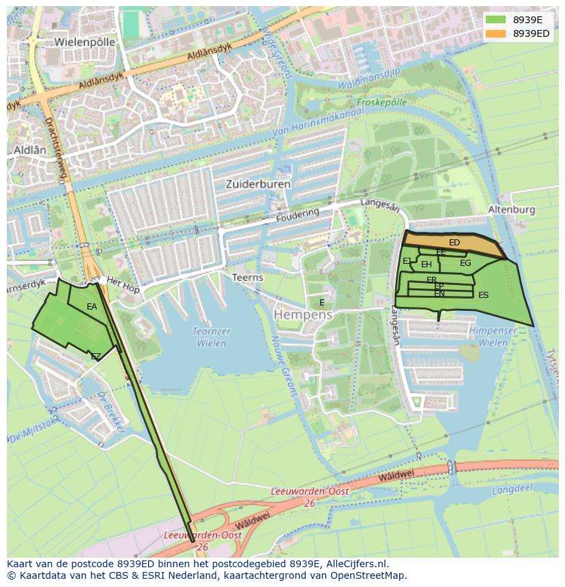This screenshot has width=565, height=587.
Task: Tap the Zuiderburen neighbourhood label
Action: point(258,184)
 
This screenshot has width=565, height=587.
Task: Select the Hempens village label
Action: point(303,315)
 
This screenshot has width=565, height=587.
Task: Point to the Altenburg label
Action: point(512,210)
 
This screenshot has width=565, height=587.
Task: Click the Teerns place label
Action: point(247,277)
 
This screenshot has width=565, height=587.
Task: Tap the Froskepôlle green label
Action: point(381,102)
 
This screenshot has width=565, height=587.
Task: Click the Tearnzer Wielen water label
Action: point(212,337)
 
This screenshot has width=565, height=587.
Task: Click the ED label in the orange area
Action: point(454,243)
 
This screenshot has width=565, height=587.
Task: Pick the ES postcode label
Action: point(483,295)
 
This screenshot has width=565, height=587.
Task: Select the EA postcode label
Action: point(92,307)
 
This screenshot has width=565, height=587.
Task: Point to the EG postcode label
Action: point(465,263)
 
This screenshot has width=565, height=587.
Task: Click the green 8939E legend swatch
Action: point(496,20)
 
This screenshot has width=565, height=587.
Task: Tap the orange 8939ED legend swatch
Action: point(496,33)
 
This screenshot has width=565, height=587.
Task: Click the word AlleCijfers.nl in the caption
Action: point(356,564)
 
